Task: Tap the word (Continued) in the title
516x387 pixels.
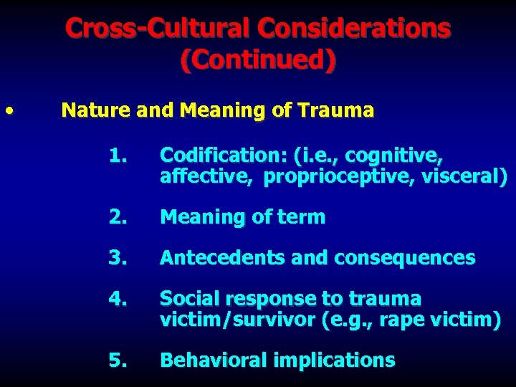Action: pos(257,60)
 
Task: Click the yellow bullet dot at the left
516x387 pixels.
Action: pos(9,111)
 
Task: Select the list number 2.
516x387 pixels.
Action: pos(118,217)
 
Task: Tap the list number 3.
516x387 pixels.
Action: pos(118,258)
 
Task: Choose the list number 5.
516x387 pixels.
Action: pos(118,360)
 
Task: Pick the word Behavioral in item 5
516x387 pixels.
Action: pos(209,360)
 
